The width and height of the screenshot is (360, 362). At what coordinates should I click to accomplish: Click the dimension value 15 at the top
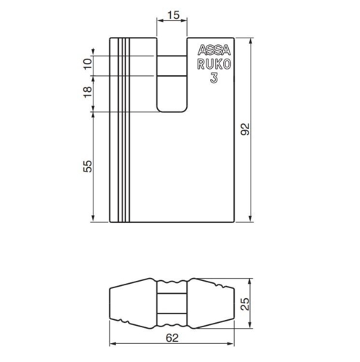click(172, 14)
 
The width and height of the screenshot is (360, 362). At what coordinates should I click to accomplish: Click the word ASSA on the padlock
click(213, 51)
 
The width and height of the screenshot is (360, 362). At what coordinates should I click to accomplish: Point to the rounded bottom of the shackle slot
click(172, 109)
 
